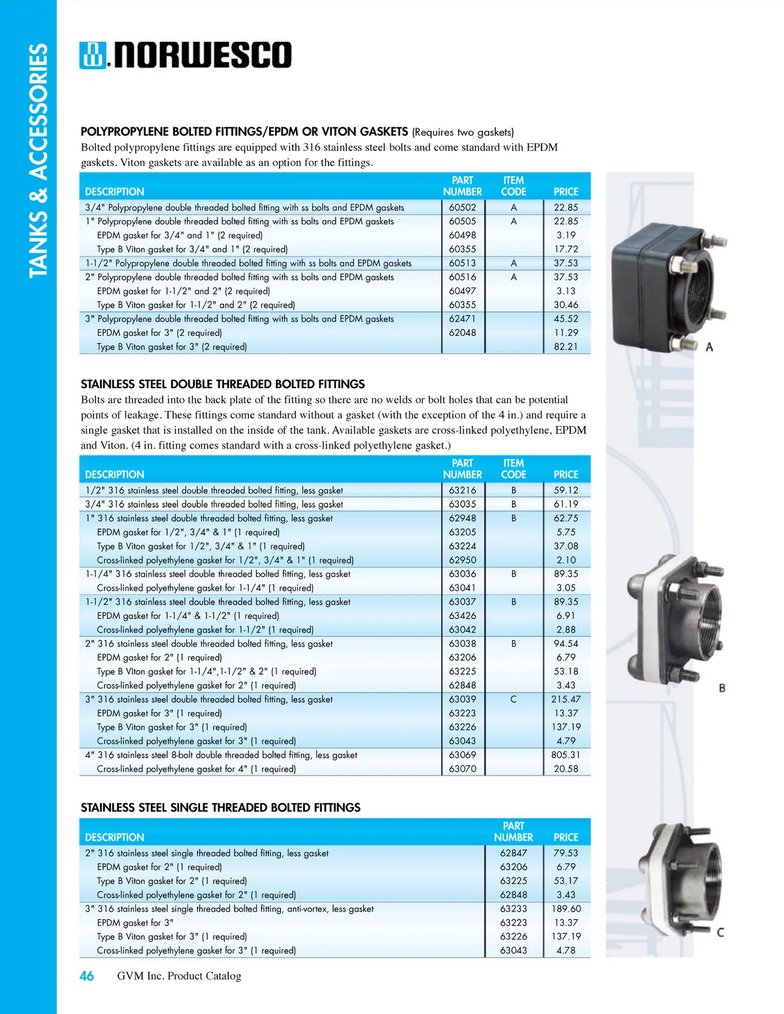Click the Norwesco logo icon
coord(92,56)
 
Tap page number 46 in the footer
coord(86,976)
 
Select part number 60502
coord(462,208)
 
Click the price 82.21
coord(566,347)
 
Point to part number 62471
coord(462,319)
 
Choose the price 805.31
coord(566,755)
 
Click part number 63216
coord(462,490)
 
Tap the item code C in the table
coord(514,699)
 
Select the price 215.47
coord(566,699)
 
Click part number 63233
coord(514,909)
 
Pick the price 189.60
coord(566,909)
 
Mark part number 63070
coord(462,769)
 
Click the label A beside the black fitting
coord(710,347)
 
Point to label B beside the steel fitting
coord(722,688)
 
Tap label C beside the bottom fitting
coord(721,932)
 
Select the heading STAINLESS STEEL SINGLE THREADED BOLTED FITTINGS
coord(220,808)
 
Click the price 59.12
coord(566,490)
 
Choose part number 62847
coord(514,853)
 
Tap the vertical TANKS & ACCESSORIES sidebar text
coord(39,160)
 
